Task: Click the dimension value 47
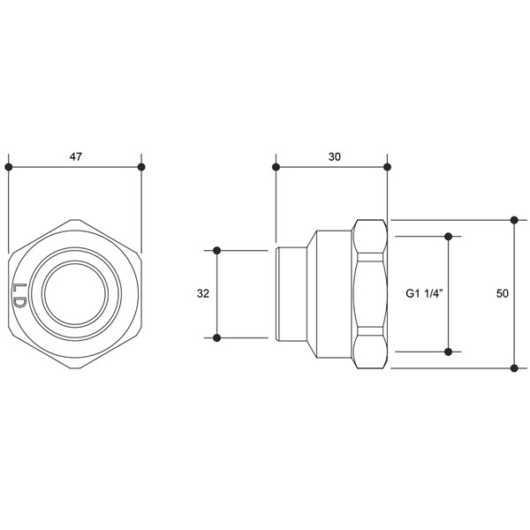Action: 76,157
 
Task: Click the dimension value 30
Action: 335,157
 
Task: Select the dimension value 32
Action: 203,294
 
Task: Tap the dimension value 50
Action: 503,294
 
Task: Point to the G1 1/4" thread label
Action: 424,293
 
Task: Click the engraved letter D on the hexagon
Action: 19,302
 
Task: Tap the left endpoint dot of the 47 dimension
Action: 9,167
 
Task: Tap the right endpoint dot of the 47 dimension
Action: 141,167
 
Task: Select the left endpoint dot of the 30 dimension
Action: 276,167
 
